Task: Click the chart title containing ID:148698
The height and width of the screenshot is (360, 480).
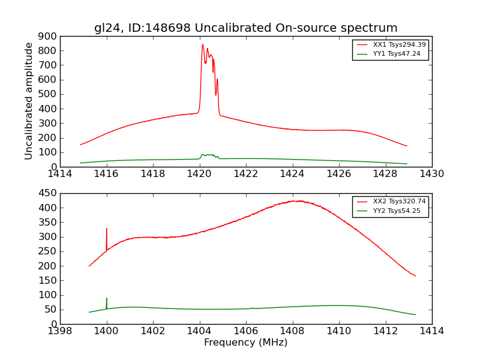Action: (245, 28)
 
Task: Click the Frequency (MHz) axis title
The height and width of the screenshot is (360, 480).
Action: (245, 343)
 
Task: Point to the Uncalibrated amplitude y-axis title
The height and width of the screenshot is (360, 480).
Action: (29, 101)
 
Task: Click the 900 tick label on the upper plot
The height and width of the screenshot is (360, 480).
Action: (49, 36)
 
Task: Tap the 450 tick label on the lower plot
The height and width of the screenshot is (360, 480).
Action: (49, 193)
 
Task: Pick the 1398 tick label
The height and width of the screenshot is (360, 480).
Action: (61, 331)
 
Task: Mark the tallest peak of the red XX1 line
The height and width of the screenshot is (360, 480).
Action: (203, 44)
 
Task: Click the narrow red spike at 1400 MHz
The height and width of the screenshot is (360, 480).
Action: (107, 229)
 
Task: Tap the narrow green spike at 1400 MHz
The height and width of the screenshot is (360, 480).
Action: (107, 298)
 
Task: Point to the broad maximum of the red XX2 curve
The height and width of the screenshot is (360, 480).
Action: (298, 201)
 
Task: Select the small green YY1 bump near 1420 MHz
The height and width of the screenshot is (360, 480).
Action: (208, 155)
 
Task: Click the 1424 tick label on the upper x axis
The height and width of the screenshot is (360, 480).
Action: (292, 174)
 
